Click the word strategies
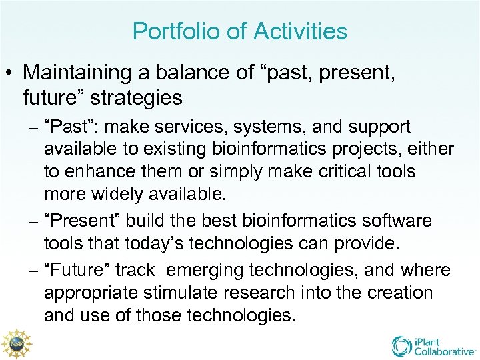point(136,97)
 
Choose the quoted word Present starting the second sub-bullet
point(79,221)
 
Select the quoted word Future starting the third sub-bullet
point(74,270)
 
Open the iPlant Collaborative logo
point(433,345)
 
